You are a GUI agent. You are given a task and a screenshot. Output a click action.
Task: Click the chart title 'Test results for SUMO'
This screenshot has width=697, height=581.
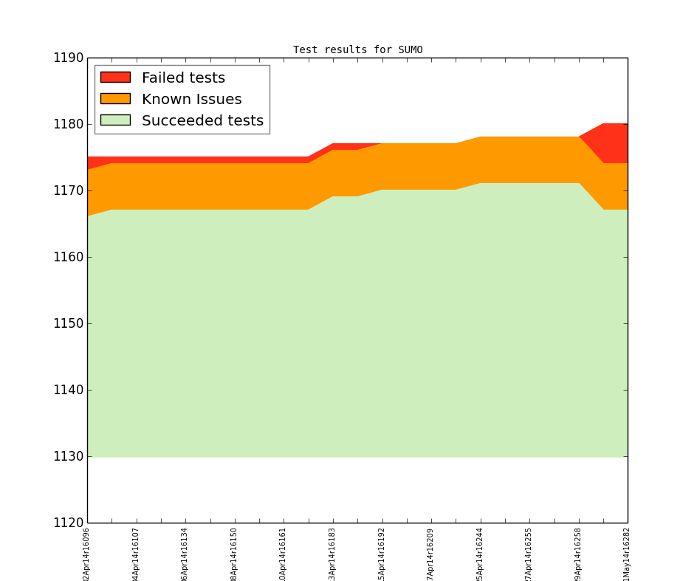[357, 50]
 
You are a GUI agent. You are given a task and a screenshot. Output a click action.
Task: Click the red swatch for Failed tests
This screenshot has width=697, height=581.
[115, 78]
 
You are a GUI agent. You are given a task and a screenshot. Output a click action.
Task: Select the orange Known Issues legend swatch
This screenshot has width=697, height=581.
[115, 99]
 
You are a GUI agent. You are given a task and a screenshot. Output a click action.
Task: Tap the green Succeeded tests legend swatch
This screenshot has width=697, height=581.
[115, 120]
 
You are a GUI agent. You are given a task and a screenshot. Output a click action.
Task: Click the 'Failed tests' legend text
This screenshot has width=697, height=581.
[183, 78]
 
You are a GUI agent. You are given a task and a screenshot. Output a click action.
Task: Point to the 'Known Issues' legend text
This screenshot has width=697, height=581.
[191, 99]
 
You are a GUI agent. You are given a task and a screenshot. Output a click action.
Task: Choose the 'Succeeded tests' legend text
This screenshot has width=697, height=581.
[202, 120]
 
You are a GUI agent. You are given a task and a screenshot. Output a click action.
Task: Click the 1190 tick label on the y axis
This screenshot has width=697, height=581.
[67, 58]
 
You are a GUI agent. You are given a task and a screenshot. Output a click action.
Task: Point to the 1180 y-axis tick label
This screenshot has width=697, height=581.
[67, 124]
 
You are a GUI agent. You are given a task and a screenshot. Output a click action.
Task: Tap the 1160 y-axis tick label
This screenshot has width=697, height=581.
[67, 257]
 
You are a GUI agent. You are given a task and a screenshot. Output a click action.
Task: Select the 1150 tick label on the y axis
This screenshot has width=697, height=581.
[67, 323]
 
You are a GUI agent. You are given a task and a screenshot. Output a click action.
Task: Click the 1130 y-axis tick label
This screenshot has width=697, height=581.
[67, 456]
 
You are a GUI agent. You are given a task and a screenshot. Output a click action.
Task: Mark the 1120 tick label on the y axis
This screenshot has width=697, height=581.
[67, 523]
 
